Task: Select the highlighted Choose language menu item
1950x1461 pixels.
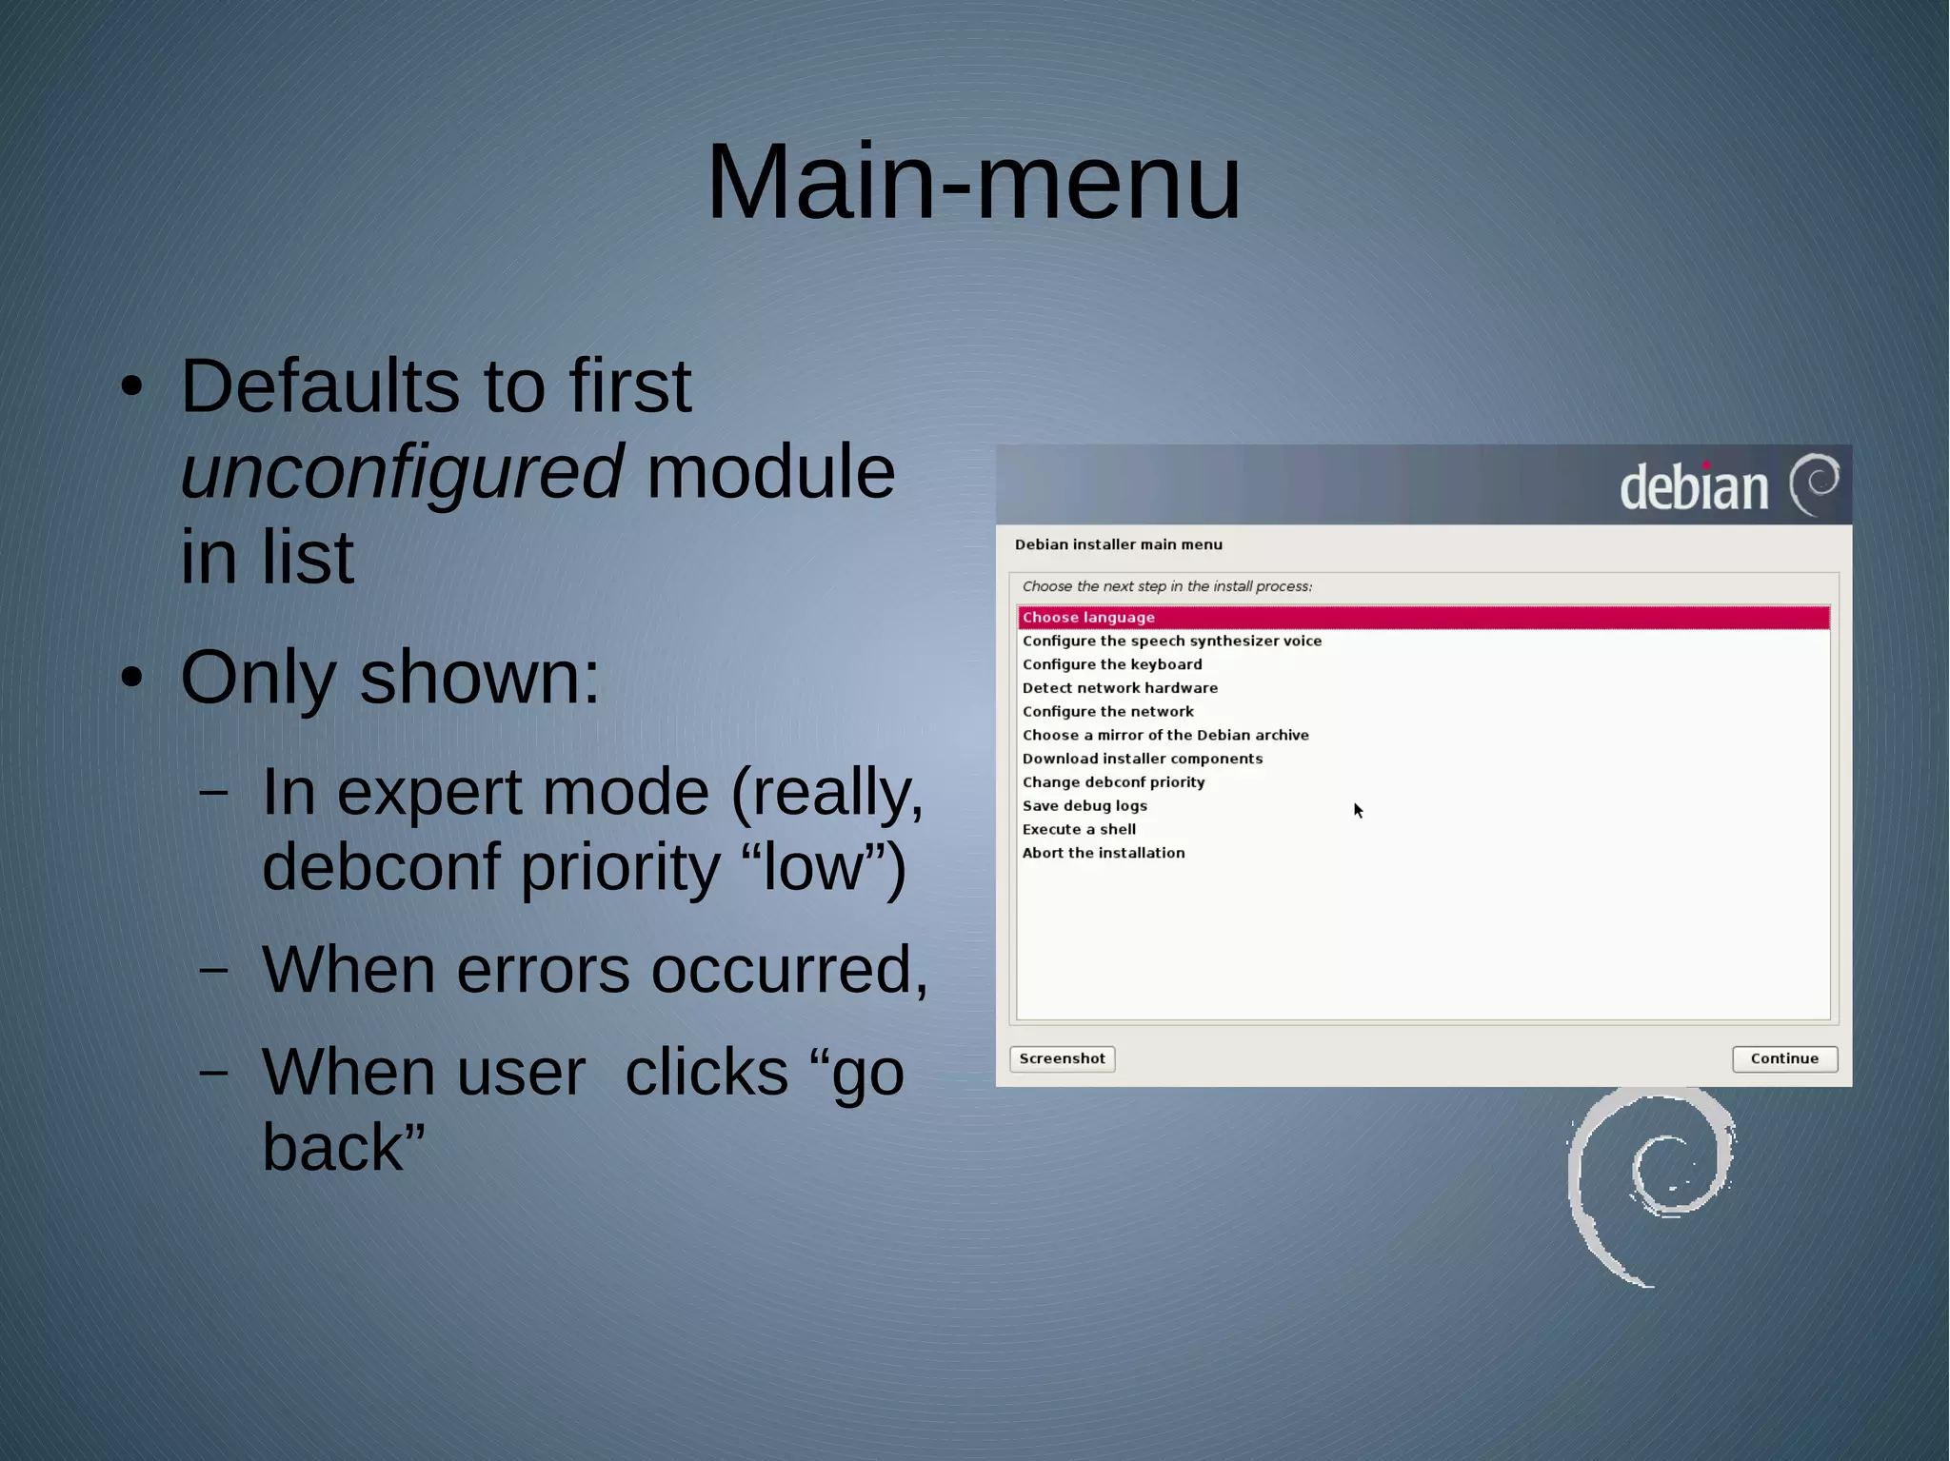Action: tap(1088, 618)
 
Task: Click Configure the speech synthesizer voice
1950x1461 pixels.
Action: tap(1171, 642)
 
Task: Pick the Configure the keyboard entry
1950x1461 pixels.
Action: tap(1111, 664)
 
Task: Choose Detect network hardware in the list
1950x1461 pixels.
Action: tap(1119, 688)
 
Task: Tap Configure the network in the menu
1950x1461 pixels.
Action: tap(1107, 712)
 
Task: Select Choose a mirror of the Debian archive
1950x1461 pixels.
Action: tap(1164, 736)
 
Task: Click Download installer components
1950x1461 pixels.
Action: tap(1142, 759)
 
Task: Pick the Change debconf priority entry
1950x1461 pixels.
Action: tap(1113, 782)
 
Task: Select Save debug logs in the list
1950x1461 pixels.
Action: tap(1084, 806)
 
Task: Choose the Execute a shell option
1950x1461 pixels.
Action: tap(1079, 830)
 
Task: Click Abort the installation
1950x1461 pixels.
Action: tap(1103, 853)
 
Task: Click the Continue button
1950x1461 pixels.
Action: tap(1783, 1058)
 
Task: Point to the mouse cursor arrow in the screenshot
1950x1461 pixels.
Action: tap(1358, 810)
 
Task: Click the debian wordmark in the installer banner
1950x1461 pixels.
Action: tap(1693, 486)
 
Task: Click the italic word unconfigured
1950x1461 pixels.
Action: tap(402, 472)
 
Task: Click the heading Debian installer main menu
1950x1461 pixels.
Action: tap(1118, 544)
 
